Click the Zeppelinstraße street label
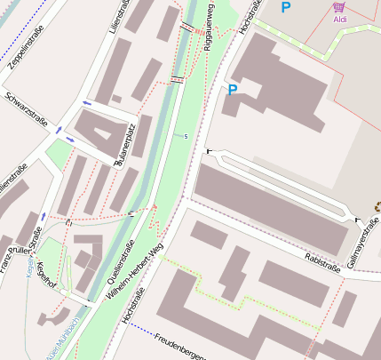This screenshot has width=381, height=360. click(x=29, y=54)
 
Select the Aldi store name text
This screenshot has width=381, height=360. click(x=339, y=18)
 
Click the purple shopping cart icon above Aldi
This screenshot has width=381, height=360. click(x=338, y=6)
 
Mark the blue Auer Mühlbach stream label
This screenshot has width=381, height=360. click(x=58, y=337)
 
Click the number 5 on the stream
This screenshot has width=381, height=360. click(x=186, y=136)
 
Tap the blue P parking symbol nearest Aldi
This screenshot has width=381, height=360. click(x=285, y=7)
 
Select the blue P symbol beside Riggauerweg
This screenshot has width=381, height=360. click(x=232, y=90)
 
